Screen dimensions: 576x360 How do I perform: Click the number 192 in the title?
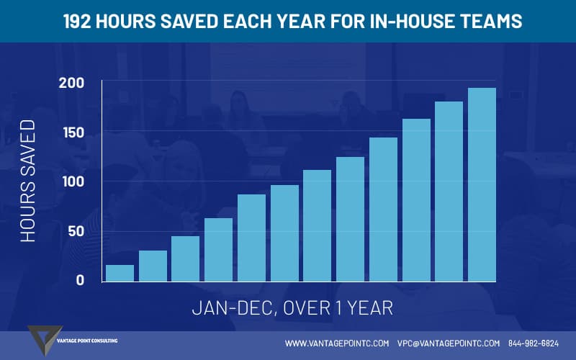(x=77, y=22)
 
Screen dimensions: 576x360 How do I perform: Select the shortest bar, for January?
(x=120, y=274)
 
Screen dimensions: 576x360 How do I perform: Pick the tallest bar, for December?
(x=482, y=185)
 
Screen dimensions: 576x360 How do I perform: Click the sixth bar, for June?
(x=284, y=233)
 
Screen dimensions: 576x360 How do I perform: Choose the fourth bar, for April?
(x=219, y=250)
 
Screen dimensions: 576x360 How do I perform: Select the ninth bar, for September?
(x=383, y=210)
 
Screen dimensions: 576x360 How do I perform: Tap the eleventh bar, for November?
(x=449, y=192)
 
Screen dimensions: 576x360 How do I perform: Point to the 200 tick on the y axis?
(x=71, y=83)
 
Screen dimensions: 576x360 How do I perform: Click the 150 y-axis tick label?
(x=73, y=132)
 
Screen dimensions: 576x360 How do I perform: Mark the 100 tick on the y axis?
(x=73, y=182)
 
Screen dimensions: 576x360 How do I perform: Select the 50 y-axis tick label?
(x=76, y=231)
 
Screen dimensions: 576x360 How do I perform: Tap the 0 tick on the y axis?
(x=80, y=280)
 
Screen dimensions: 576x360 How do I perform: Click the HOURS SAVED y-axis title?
(x=28, y=181)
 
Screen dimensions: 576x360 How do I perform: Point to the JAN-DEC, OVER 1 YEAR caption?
(x=292, y=308)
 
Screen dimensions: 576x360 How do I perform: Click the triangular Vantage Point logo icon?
(x=43, y=338)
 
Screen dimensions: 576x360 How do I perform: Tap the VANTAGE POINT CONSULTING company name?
(x=87, y=341)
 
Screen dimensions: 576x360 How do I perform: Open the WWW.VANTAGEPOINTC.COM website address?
(x=337, y=343)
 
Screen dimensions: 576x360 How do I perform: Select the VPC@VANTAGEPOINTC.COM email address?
(x=449, y=343)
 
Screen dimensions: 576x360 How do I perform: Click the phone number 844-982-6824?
(x=534, y=343)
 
